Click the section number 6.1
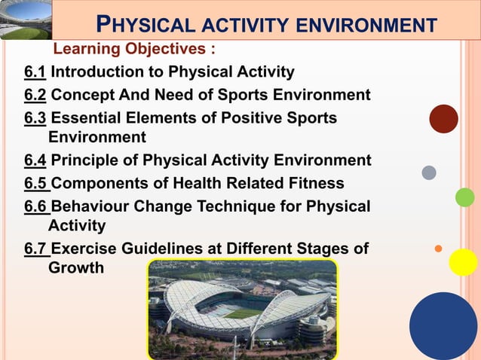[35, 73]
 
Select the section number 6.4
[35, 160]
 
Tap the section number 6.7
[35, 249]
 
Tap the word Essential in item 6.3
[86, 118]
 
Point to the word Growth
[76, 267]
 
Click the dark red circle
[443, 119]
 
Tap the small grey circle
[429, 172]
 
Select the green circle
[465, 197]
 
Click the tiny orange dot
[438, 247]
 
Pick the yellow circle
[463, 262]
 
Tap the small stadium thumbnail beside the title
[26, 20]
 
